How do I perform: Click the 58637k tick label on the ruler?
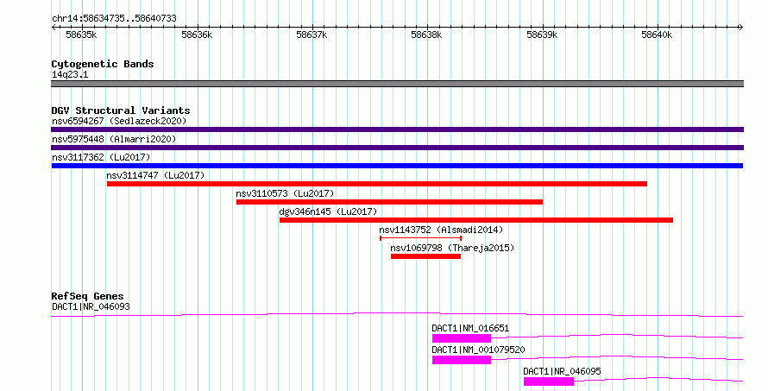point(312,35)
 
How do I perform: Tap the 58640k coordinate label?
point(657,35)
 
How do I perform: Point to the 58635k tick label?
point(81,35)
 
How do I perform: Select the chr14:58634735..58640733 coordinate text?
point(114,19)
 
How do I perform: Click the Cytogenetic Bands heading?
point(103,64)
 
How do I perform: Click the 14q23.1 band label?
point(70,74)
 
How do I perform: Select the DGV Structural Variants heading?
point(121,110)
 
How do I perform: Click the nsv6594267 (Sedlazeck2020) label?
point(119,121)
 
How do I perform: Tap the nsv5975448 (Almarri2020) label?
point(114,139)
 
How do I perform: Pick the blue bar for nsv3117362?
point(397,166)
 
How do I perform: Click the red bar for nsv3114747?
point(376,184)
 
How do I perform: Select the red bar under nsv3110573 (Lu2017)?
point(389,202)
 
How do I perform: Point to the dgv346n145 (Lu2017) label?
point(328,211)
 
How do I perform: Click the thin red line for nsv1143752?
point(421,238)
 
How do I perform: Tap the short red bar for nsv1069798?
point(425,256)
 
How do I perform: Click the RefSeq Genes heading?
point(87,296)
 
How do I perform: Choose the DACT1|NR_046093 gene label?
point(91,306)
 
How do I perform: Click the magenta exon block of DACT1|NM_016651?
point(462,338)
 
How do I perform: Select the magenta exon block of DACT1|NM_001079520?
point(462,360)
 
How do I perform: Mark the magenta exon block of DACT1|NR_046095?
point(549,382)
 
